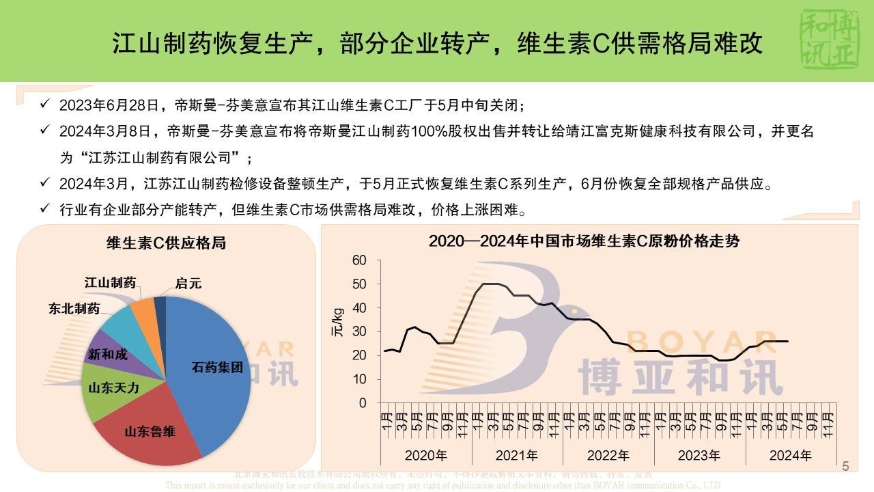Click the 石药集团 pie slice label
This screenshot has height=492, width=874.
coord(216,368)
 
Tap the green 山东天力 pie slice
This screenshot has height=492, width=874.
coord(113,387)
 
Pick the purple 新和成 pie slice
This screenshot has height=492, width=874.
coord(108,355)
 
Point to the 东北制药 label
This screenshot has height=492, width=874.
coord(74,308)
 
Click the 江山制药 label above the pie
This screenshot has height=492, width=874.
coord(110,282)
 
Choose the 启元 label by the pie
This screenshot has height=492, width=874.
coord(188,283)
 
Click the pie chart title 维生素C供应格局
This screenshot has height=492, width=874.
coord(166,243)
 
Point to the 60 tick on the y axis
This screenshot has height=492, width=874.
coord(359,260)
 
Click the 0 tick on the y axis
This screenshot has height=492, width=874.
coord(363,403)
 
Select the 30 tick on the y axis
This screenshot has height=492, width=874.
coord(359,332)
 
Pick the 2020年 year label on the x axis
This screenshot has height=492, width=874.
coord(426,455)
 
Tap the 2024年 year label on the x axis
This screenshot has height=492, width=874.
coord(791,455)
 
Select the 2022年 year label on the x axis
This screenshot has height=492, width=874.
coord(608,455)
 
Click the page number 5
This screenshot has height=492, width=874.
coord(845,467)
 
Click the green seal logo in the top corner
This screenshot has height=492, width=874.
coord(828,40)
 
